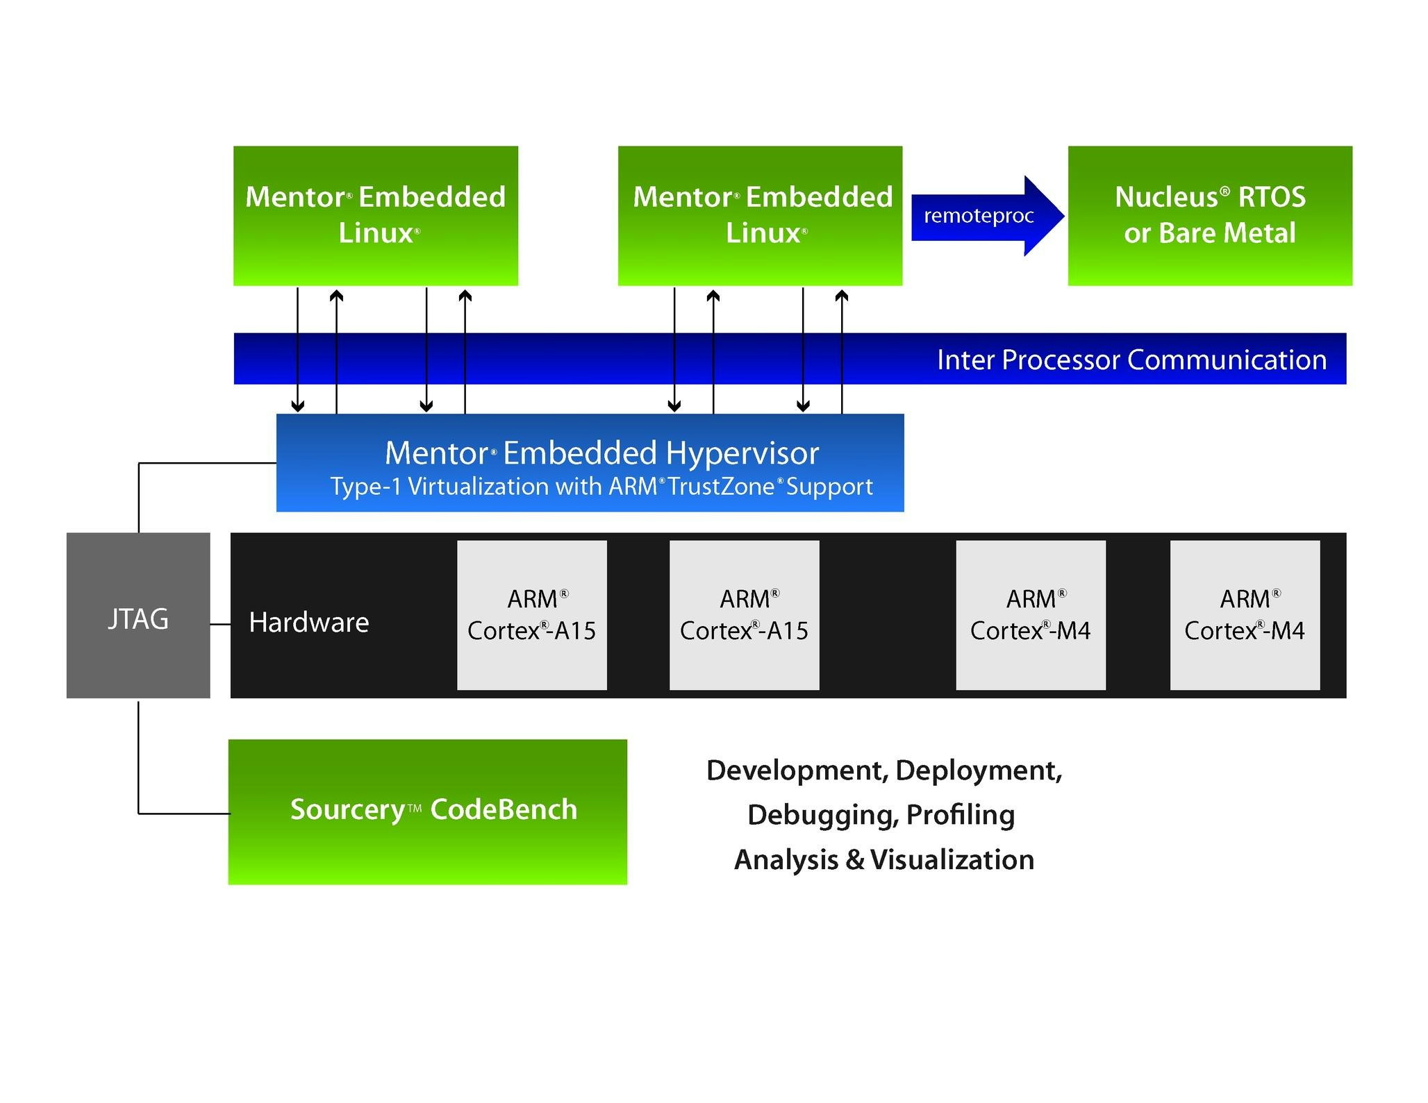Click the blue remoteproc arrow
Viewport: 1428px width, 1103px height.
coord(979,216)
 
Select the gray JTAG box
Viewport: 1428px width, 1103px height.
coord(138,616)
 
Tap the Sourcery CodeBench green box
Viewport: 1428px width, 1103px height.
coord(427,811)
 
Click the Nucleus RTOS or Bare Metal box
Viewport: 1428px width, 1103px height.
coord(1209,215)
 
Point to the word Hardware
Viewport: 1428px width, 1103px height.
coord(308,623)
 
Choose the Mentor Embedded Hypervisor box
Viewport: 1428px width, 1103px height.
coord(590,463)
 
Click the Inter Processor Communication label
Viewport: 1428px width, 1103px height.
coord(1131,360)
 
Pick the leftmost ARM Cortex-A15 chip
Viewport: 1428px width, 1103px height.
coord(531,615)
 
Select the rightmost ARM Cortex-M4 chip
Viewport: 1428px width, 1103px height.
coord(1245,615)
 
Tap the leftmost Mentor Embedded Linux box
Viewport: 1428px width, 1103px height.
coord(375,215)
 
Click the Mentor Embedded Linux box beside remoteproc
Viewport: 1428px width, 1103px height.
coord(760,215)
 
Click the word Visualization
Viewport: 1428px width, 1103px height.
coord(952,860)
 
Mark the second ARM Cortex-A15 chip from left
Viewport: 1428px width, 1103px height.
coord(744,615)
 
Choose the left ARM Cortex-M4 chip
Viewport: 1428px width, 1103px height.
coord(1031,615)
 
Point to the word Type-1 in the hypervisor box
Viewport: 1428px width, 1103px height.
coord(365,487)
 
